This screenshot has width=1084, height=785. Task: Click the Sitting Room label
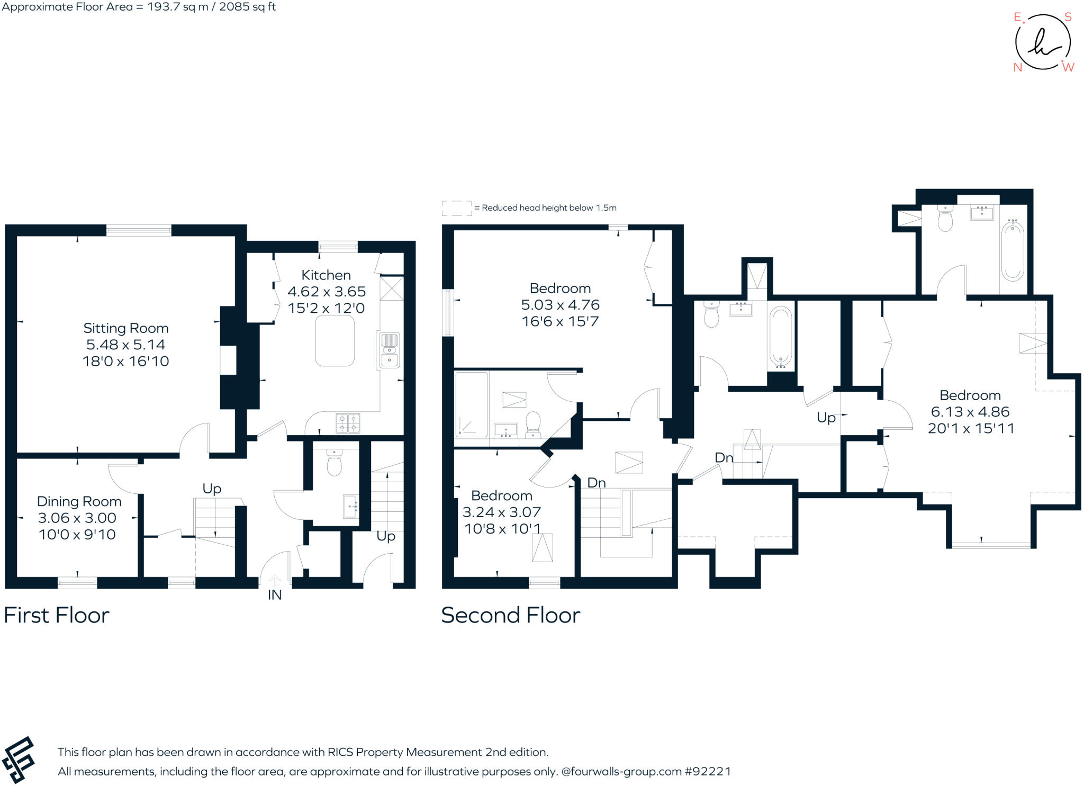(x=126, y=329)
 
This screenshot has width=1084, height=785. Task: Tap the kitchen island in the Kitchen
(x=335, y=341)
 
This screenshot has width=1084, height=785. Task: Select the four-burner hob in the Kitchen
(x=348, y=423)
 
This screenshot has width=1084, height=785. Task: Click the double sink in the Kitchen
(x=390, y=350)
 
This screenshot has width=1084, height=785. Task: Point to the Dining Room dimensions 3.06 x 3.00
(x=77, y=518)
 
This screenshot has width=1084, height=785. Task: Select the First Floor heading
(x=56, y=615)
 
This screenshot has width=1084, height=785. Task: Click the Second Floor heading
(x=510, y=615)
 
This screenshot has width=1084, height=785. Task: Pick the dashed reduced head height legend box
(x=456, y=208)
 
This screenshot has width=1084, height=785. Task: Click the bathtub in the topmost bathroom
(x=1012, y=250)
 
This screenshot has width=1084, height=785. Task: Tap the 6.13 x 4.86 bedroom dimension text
(x=970, y=412)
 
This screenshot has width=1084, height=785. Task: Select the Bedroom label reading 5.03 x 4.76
(x=560, y=288)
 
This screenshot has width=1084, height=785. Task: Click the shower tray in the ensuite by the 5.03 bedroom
(x=471, y=404)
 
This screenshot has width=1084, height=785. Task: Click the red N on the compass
(x=1017, y=67)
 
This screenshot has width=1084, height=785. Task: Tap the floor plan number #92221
(x=708, y=771)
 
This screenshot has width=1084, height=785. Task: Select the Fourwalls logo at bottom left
(x=19, y=760)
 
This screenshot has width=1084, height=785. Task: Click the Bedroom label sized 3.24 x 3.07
(x=501, y=496)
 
